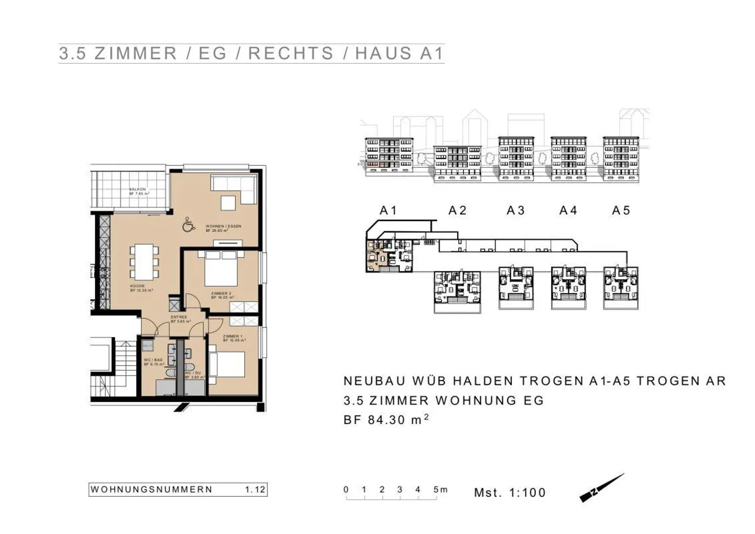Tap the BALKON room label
point(138,189)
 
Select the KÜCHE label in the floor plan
point(137,286)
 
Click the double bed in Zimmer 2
point(221,269)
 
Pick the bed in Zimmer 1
point(227,364)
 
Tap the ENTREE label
point(179,317)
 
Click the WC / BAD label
point(153,360)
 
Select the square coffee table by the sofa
point(228,203)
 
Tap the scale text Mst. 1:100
point(510,493)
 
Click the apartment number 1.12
point(255,489)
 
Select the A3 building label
point(515,210)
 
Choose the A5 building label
point(621,210)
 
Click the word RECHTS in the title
point(291,54)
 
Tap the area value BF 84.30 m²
point(386,420)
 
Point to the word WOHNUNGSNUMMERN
point(152,489)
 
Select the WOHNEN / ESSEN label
point(223,227)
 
